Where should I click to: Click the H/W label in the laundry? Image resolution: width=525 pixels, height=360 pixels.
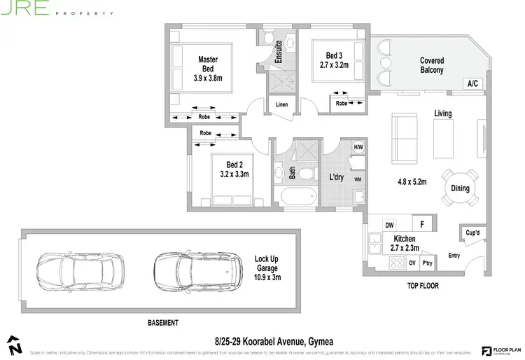tap(358, 148)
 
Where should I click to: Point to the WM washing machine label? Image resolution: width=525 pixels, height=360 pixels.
tap(358, 179)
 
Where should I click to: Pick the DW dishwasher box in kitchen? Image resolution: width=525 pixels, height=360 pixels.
tap(388, 225)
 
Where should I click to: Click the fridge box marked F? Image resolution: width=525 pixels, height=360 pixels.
tap(422, 225)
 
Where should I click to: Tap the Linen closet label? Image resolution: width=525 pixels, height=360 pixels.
tap(281, 105)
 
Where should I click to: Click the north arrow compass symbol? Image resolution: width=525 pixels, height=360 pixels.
tap(15, 344)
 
